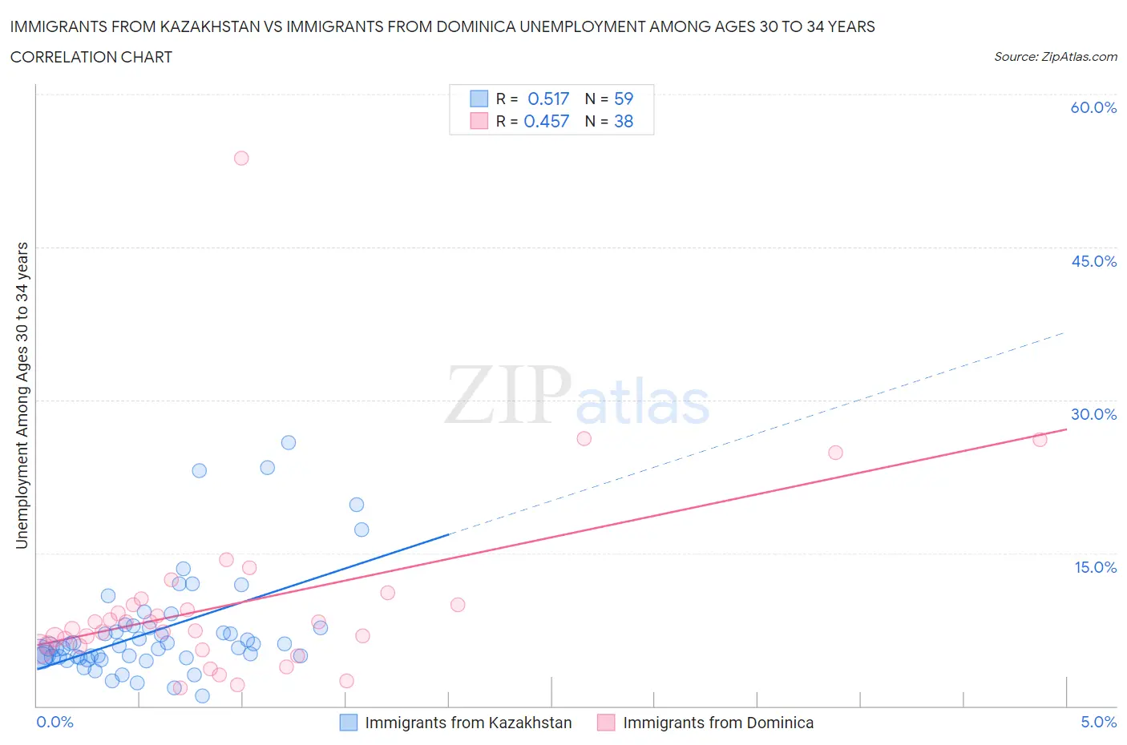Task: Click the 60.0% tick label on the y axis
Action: tap(1093, 107)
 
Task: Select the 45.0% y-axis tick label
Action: tap(1093, 261)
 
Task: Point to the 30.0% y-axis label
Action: tap(1093, 414)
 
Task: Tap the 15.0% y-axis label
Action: tap(1095, 567)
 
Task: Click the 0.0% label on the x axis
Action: tap(55, 722)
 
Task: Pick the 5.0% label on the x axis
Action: tap(1098, 722)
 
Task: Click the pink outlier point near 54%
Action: tap(241, 158)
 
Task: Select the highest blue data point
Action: tap(289, 442)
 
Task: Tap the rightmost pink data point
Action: tap(1040, 439)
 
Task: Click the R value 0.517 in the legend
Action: tap(548, 99)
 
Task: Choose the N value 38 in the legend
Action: tap(624, 121)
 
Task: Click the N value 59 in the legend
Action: tap(624, 99)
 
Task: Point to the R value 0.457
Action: tap(546, 121)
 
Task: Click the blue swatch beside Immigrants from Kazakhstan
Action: tap(349, 723)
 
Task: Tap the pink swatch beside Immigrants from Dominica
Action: tap(606, 723)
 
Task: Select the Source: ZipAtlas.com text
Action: tap(1055, 56)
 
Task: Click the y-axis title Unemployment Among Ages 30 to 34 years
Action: tap(22, 396)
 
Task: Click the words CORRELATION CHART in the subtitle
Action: tap(91, 57)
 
